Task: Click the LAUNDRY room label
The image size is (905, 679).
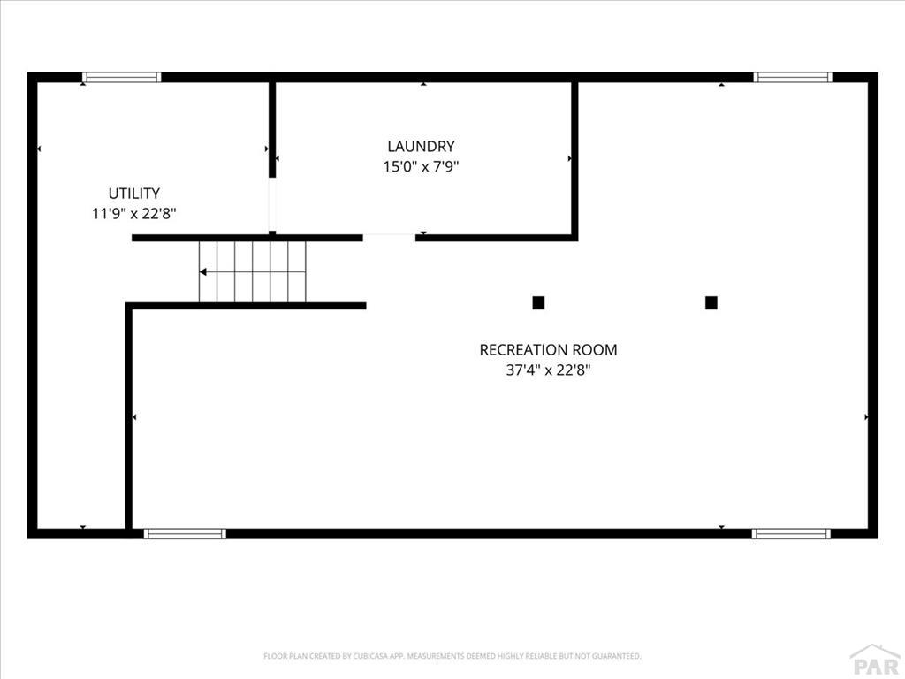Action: point(421,146)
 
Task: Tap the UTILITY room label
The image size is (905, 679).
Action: point(134,193)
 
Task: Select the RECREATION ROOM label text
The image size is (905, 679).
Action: point(548,350)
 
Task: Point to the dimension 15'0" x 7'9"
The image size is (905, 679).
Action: point(421,167)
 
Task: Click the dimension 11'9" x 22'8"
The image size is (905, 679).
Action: point(134,214)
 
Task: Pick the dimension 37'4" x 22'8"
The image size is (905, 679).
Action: point(548,370)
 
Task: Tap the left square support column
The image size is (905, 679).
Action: point(538,303)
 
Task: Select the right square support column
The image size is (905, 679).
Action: point(711,303)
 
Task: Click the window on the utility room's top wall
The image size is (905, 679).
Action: point(121,77)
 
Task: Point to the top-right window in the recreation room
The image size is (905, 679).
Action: point(793,77)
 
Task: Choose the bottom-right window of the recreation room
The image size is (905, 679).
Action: point(792,533)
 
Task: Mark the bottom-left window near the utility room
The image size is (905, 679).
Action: point(185,533)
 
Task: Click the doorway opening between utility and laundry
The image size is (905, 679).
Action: point(272,204)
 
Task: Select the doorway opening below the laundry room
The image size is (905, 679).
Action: point(389,237)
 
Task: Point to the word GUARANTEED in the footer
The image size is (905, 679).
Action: point(617,656)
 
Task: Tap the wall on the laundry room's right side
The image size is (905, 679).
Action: point(574,158)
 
